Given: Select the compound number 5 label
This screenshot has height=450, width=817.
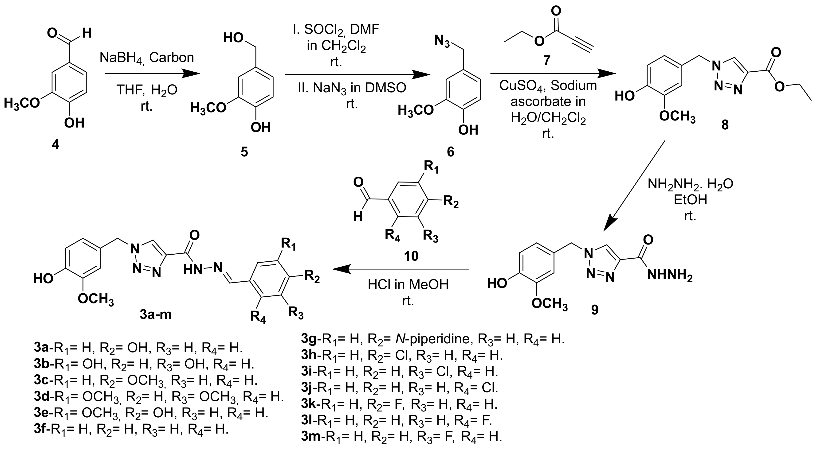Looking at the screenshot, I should (x=244, y=152).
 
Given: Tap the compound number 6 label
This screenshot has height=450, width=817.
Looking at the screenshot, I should (x=450, y=152).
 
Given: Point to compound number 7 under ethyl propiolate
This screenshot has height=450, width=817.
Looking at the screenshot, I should (x=546, y=60).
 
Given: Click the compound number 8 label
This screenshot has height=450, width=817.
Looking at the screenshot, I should (x=725, y=125).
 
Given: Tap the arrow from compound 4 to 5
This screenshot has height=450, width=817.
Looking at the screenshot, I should (x=152, y=74).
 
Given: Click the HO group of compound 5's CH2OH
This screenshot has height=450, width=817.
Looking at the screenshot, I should (x=233, y=38).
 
